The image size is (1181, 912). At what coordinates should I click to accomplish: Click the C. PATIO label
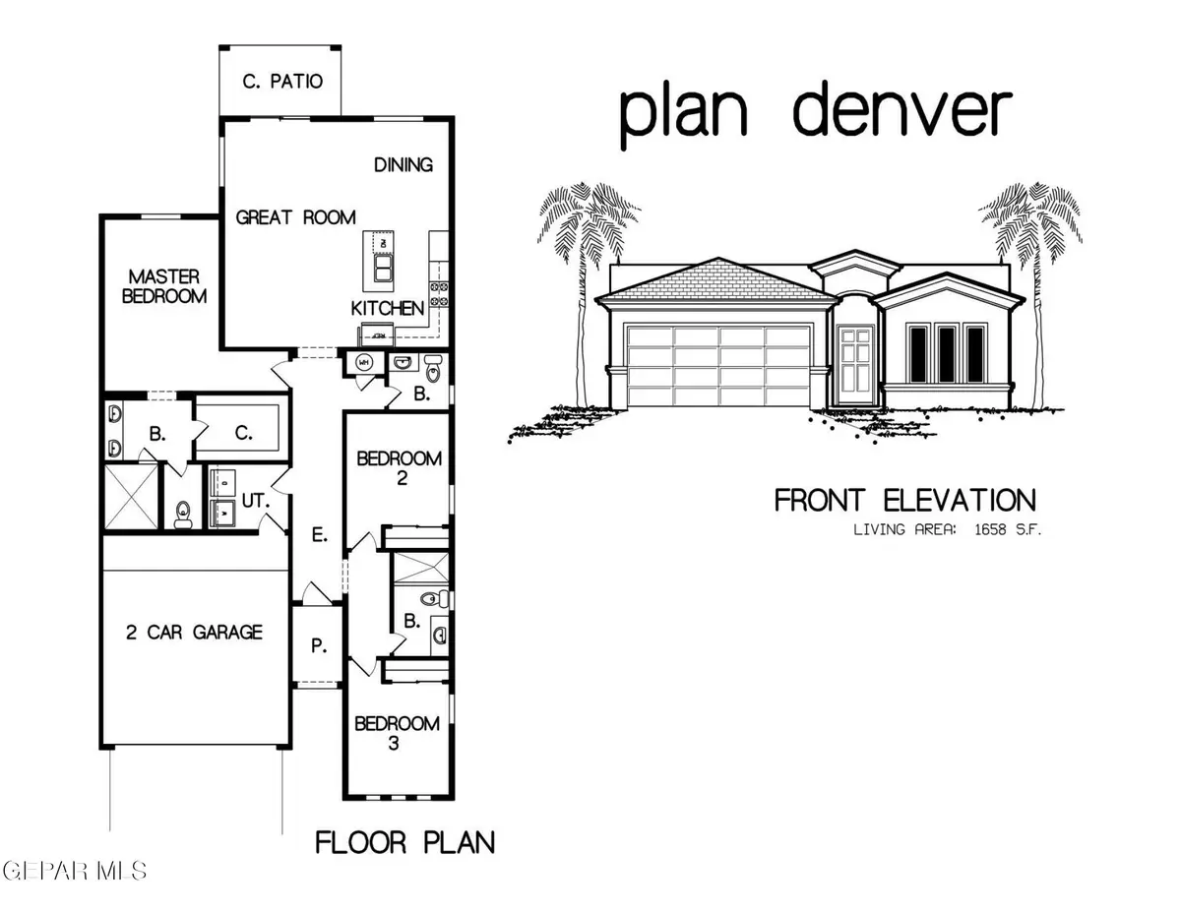[x=282, y=81]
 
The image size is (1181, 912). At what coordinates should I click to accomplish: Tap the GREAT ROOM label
[x=295, y=217]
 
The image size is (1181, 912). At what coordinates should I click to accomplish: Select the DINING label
[x=404, y=164]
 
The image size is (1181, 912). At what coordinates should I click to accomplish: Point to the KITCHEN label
[x=388, y=308]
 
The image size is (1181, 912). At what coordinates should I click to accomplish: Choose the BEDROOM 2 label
[x=400, y=468]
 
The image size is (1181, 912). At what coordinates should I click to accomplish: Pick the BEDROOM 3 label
[x=397, y=734]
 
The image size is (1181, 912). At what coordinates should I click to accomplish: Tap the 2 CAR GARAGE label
[x=194, y=631]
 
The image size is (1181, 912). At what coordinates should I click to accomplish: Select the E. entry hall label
[x=318, y=535]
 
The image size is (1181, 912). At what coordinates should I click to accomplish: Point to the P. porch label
[x=318, y=645]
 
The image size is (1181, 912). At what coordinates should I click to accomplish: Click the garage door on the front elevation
[x=717, y=365]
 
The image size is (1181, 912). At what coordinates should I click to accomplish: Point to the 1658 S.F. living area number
[x=994, y=529]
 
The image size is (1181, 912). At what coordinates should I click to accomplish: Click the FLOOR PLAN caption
[x=404, y=842]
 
